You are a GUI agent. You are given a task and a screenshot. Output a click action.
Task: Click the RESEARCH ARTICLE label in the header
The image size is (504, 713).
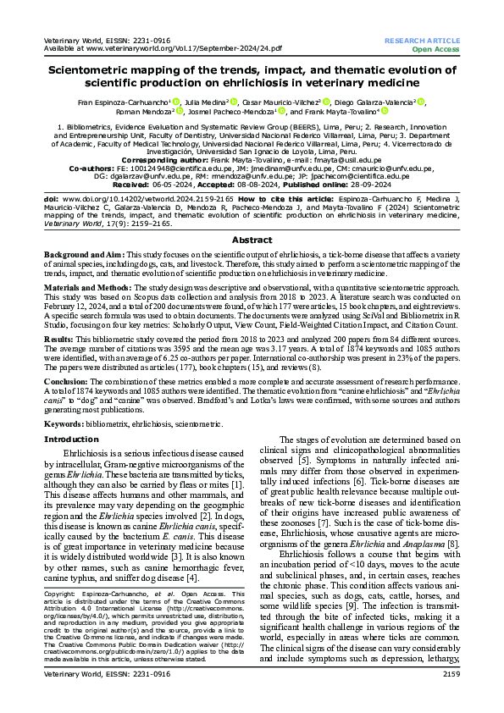pyautogui.click(x=422, y=41)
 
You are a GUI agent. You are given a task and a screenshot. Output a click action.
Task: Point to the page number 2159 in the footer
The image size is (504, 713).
pyautogui.click(x=446, y=698)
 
